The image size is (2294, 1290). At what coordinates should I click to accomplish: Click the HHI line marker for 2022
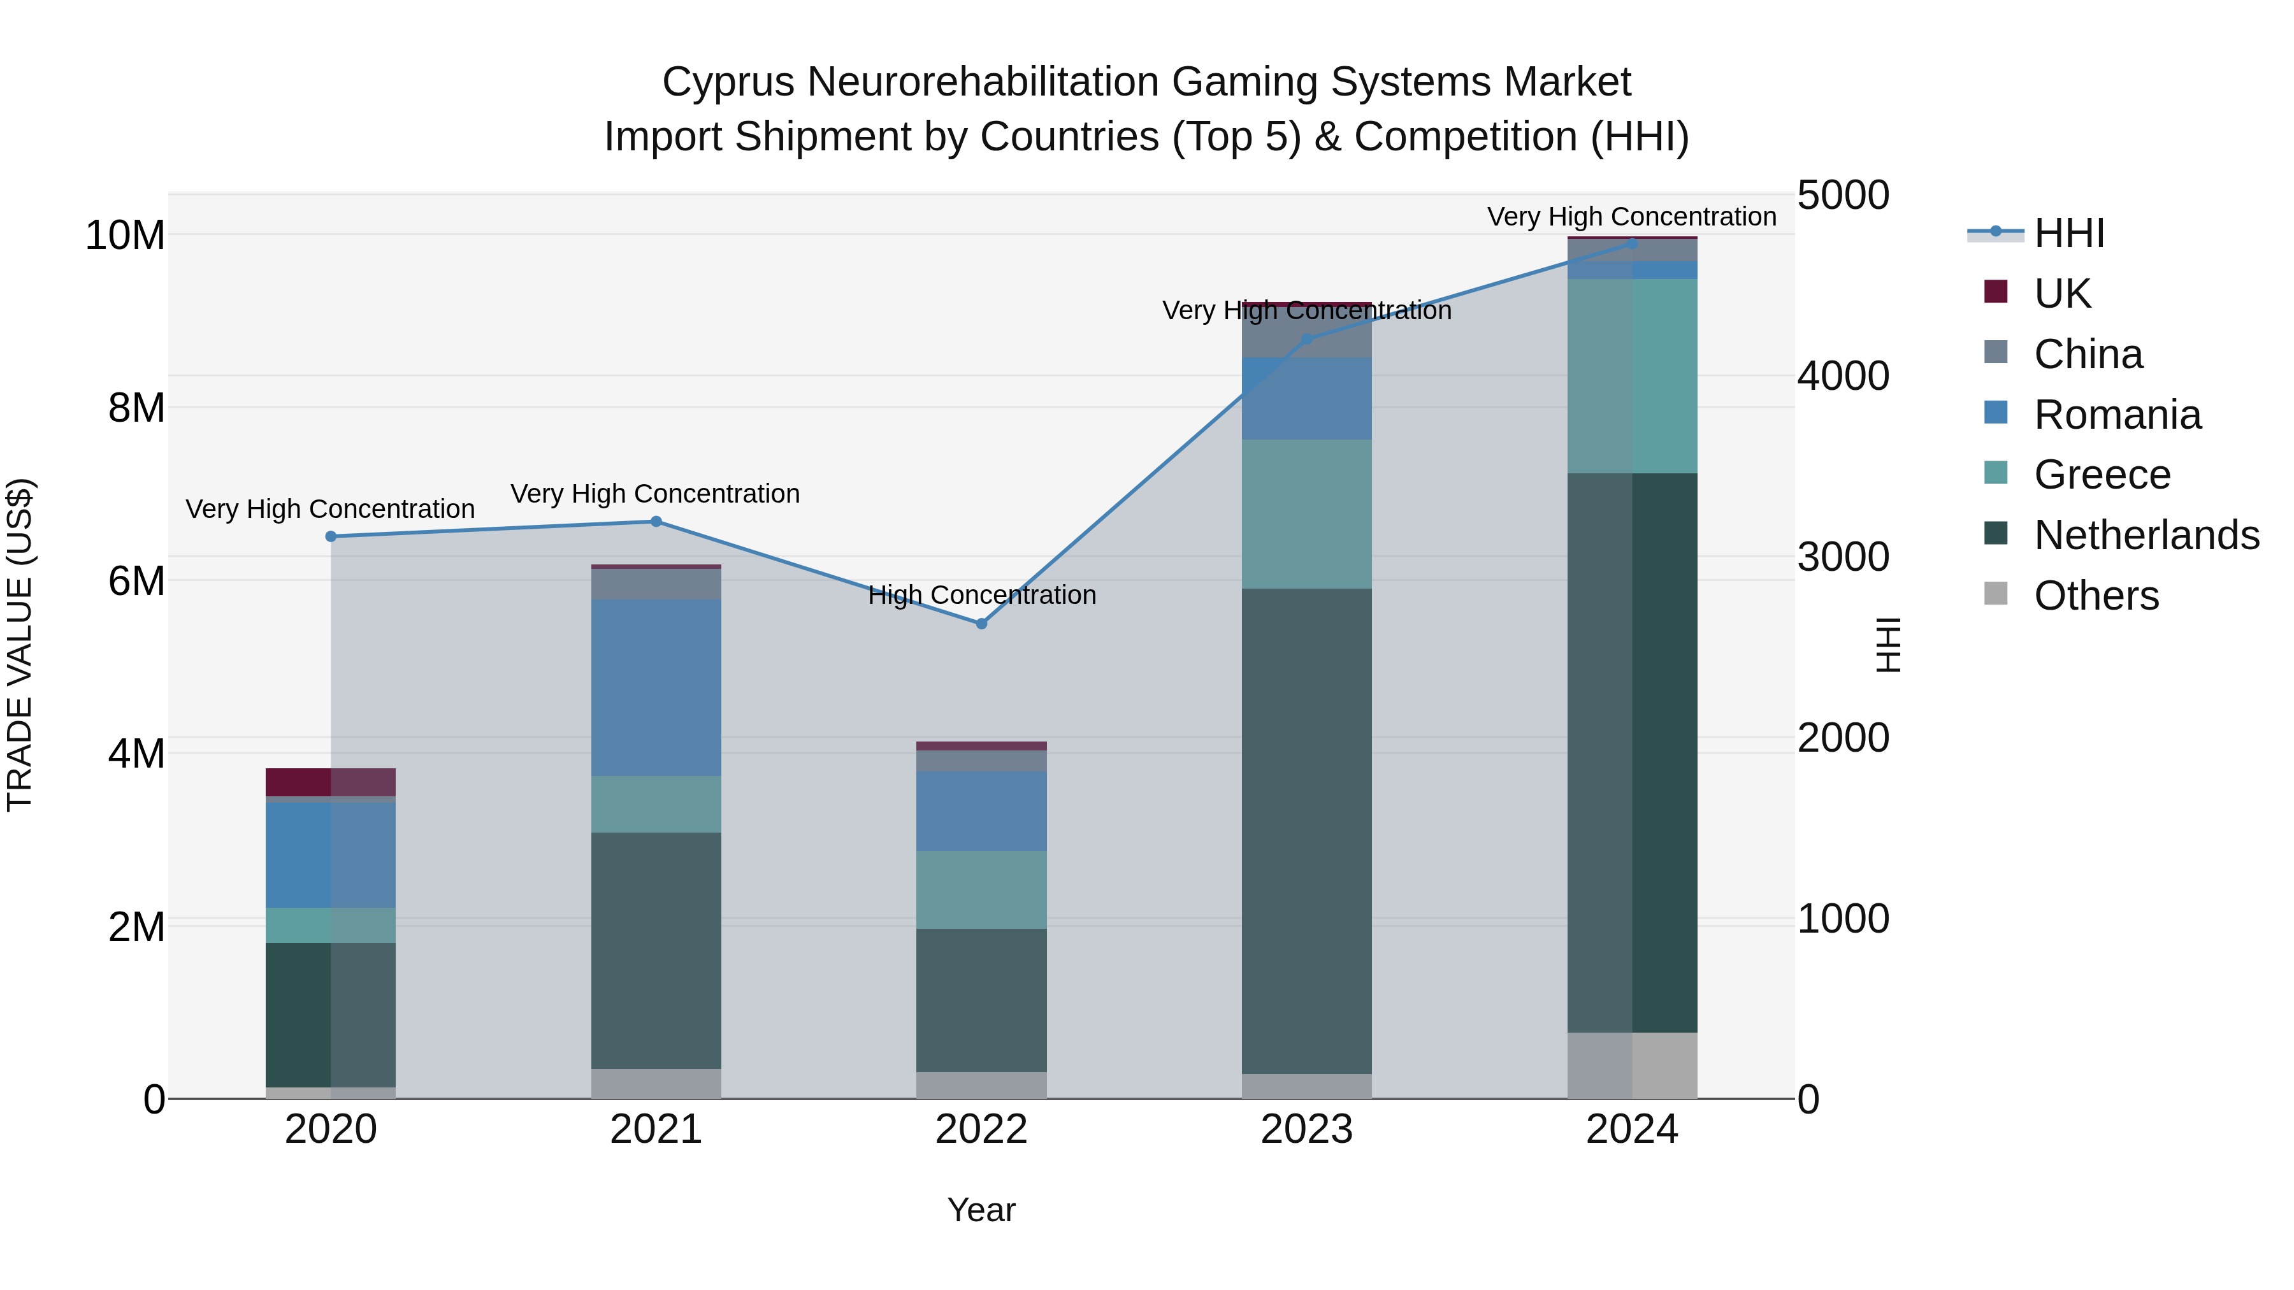point(981,624)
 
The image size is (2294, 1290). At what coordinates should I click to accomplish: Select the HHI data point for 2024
point(1633,243)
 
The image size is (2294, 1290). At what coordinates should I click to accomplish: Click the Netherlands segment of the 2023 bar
point(1306,831)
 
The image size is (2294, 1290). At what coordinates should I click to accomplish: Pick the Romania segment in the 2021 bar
point(656,687)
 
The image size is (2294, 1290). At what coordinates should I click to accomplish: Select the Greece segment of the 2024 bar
point(1633,376)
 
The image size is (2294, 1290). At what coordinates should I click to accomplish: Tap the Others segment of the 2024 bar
point(1633,1066)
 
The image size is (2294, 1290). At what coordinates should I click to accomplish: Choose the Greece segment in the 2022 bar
point(981,889)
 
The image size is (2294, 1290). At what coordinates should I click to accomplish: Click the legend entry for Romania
point(2117,415)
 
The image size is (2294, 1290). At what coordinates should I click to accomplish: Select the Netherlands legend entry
point(2146,535)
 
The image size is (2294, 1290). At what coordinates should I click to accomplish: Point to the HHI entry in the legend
point(2068,233)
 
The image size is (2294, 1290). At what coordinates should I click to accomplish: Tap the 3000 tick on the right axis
point(1842,557)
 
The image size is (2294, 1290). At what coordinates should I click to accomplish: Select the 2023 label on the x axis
point(1306,1129)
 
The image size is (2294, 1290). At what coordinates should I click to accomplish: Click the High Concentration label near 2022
point(981,595)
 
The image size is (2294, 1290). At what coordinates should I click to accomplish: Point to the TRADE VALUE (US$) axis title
point(20,645)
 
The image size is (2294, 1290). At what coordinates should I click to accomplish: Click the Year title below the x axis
point(981,1210)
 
